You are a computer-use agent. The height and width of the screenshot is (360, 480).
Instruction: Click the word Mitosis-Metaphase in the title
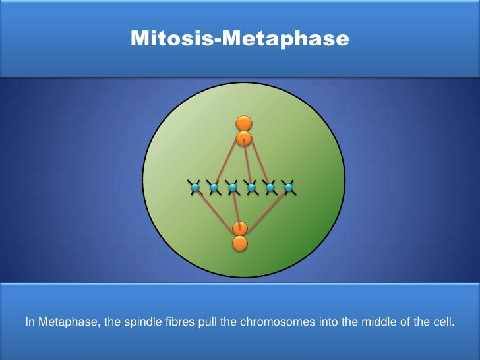click(239, 38)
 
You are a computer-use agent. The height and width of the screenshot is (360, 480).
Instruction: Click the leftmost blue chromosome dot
click(195, 188)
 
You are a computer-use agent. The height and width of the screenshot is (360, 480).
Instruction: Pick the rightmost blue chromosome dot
click(289, 188)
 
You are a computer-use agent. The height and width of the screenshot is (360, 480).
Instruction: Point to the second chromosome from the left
click(214, 188)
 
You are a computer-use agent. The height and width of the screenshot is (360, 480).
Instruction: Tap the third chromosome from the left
click(232, 188)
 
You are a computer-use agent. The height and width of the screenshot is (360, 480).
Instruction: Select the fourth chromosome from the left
click(251, 188)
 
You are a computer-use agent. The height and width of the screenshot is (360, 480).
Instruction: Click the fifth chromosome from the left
click(270, 188)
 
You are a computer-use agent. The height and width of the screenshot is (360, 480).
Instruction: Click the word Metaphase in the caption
click(63, 322)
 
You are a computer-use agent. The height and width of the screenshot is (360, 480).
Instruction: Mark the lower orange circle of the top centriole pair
click(244, 138)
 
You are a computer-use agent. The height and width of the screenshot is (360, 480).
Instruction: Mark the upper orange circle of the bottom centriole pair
click(240, 228)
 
